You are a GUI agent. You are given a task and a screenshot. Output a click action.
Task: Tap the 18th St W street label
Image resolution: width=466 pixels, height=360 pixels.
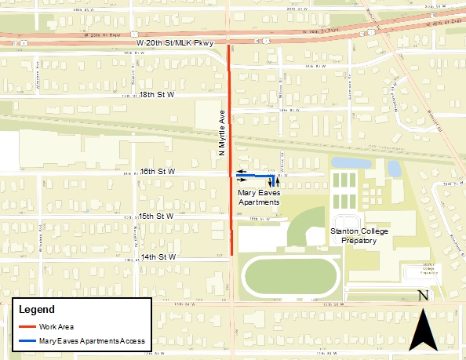pyautogui.click(x=155, y=94)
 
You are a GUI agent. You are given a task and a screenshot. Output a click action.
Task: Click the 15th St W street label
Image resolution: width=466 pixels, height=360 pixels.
pyautogui.click(x=155, y=216)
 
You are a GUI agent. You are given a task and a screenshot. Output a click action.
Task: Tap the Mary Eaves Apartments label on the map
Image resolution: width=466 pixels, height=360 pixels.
pyautogui.click(x=257, y=196)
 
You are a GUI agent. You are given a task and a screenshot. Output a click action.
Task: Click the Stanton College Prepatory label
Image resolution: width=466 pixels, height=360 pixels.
pyautogui.click(x=353, y=236)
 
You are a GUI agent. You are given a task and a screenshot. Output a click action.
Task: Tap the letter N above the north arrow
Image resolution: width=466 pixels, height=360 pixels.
pyautogui.click(x=423, y=296)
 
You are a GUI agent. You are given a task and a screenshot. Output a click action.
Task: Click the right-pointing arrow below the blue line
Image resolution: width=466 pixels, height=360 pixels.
pyautogui.click(x=241, y=180)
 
